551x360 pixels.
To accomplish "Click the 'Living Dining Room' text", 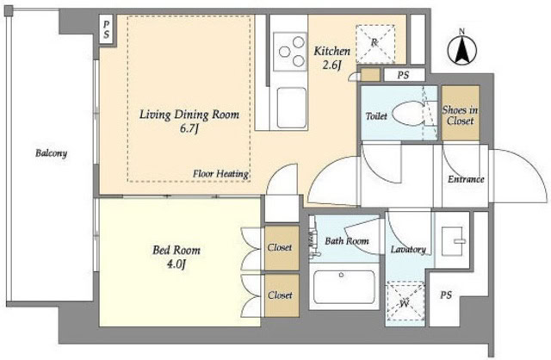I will pyautogui.click(x=190, y=114).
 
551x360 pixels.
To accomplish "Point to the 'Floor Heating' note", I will pyautogui.click(x=220, y=174).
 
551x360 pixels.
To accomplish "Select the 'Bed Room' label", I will pyautogui.click(x=176, y=251).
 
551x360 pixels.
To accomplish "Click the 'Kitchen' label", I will pyautogui.click(x=331, y=50).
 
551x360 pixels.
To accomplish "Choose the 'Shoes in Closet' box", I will pyautogui.click(x=459, y=115).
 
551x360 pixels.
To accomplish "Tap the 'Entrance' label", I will pyautogui.click(x=466, y=179).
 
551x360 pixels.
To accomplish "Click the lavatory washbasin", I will pyautogui.click(x=452, y=239).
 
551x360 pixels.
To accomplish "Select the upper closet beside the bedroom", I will pyautogui.click(x=279, y=247).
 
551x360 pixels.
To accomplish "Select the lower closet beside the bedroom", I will pyautogui.click(x=279, y=295).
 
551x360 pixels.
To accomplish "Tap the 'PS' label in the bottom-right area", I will pyautogui.click(x=446, y=295).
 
